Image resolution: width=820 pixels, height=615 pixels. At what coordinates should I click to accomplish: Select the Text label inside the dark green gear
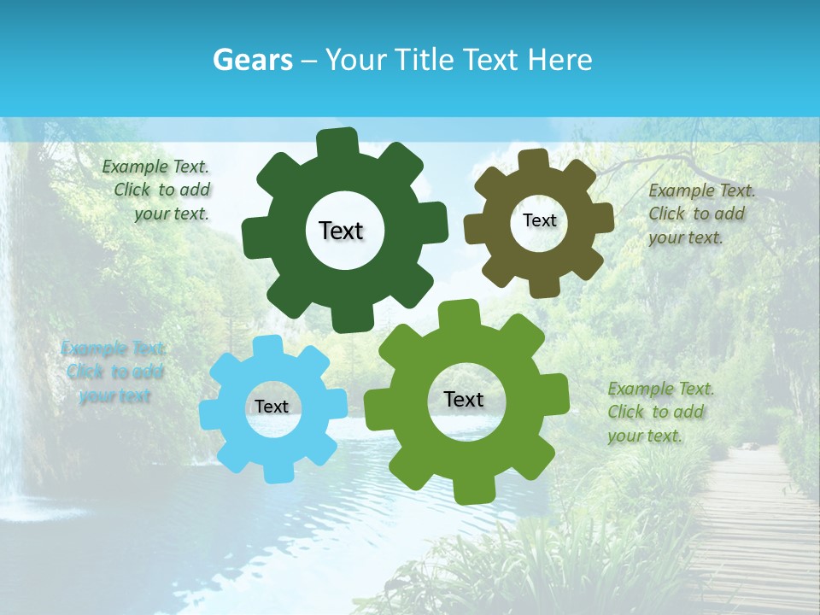[x=341, y=231]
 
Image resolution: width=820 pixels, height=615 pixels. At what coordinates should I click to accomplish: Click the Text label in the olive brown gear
[x=539, y=220]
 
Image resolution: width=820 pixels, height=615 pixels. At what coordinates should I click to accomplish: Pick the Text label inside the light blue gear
[x=272, y=407]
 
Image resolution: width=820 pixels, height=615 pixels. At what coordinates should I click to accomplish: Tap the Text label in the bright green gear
[x=464, y=399]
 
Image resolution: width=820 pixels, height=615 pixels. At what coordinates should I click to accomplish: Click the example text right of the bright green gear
[x=659, y=412]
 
